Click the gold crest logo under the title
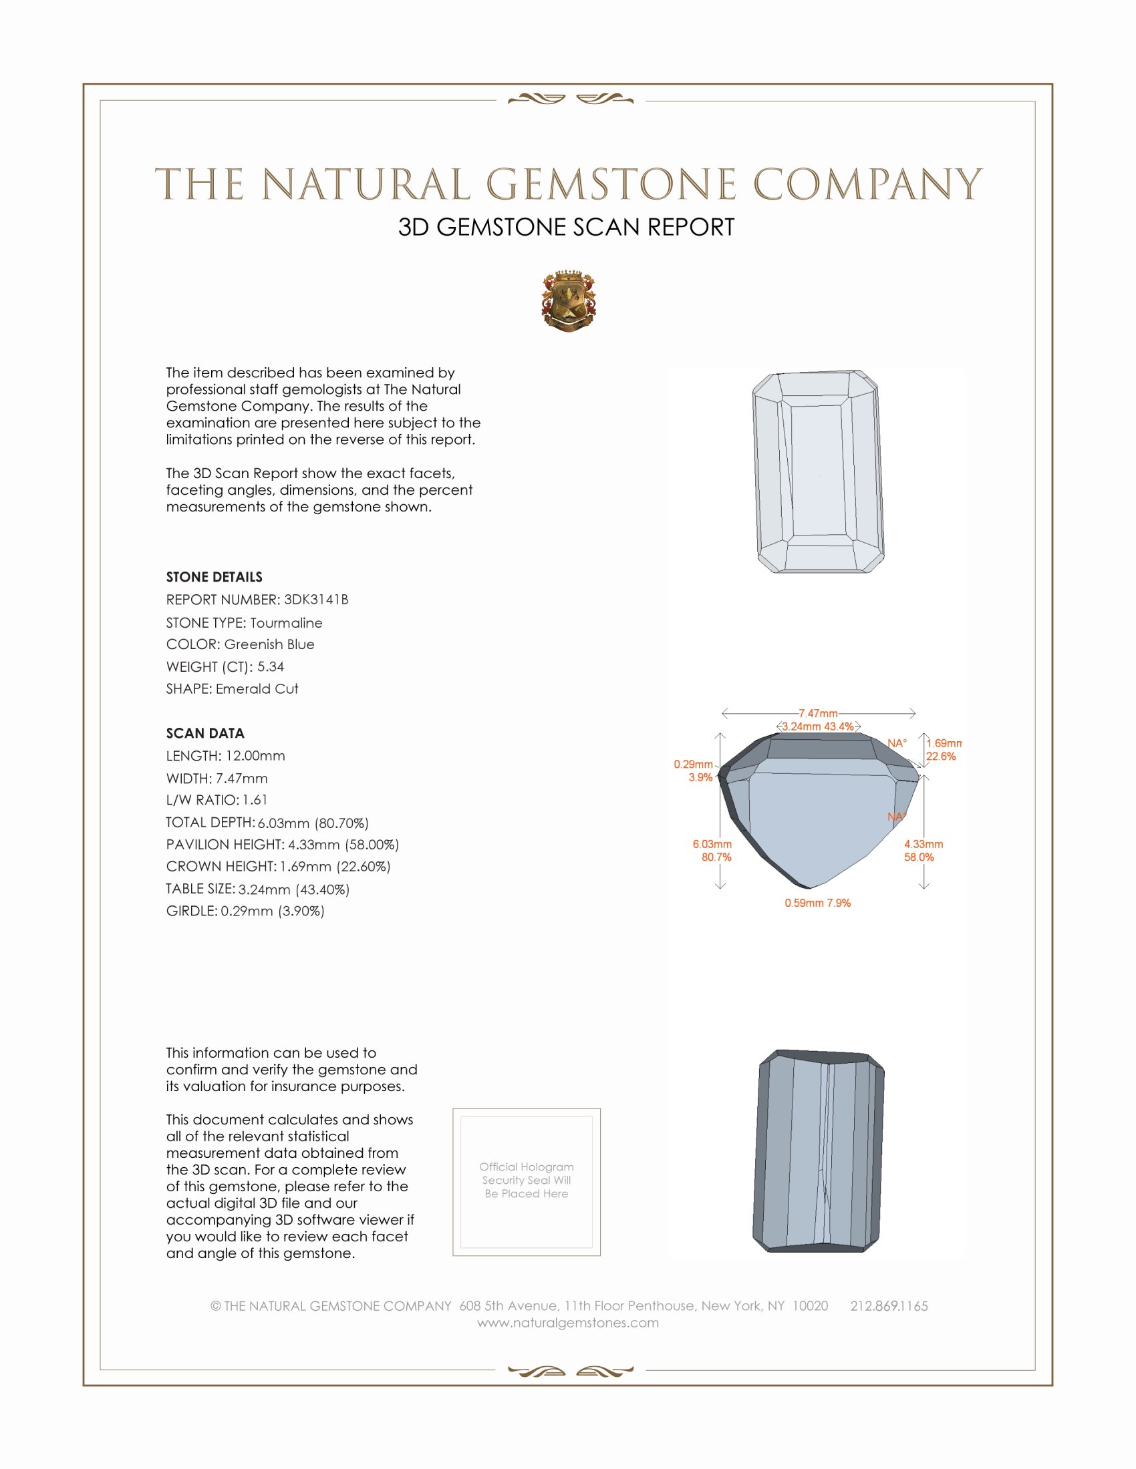coord(569,300)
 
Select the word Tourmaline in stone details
coord(286,623)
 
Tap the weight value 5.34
coord(271,666)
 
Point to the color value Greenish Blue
coord(269,644)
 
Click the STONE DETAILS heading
coord(214,577)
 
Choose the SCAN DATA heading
coord(205,733)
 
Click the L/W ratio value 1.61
coord(255,800)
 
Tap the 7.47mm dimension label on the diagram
coord(818,713)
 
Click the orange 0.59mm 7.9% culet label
coord(817,903)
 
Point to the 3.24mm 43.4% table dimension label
coord(818,726)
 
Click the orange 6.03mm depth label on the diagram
coord(712,844)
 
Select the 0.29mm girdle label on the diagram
coord(693,764)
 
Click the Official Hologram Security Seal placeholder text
coord(527,1180)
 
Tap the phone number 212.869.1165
coord(888,1305)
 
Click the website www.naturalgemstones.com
coord(568,1322)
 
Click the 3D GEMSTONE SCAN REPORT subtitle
coord(566,227)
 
